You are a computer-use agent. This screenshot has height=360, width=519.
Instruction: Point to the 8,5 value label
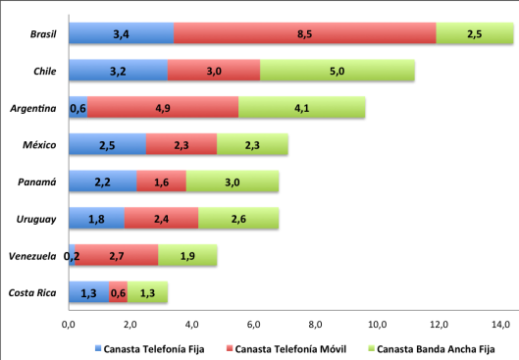(x=305, y=34)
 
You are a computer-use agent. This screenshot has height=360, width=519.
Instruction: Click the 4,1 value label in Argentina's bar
(x=301, y=108)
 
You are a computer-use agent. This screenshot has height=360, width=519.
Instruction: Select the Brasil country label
(x=42, y=34)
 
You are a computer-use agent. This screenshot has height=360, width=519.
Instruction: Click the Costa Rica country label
(x=33, y=292)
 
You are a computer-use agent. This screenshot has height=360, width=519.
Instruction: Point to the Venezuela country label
(x=31, y=256)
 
